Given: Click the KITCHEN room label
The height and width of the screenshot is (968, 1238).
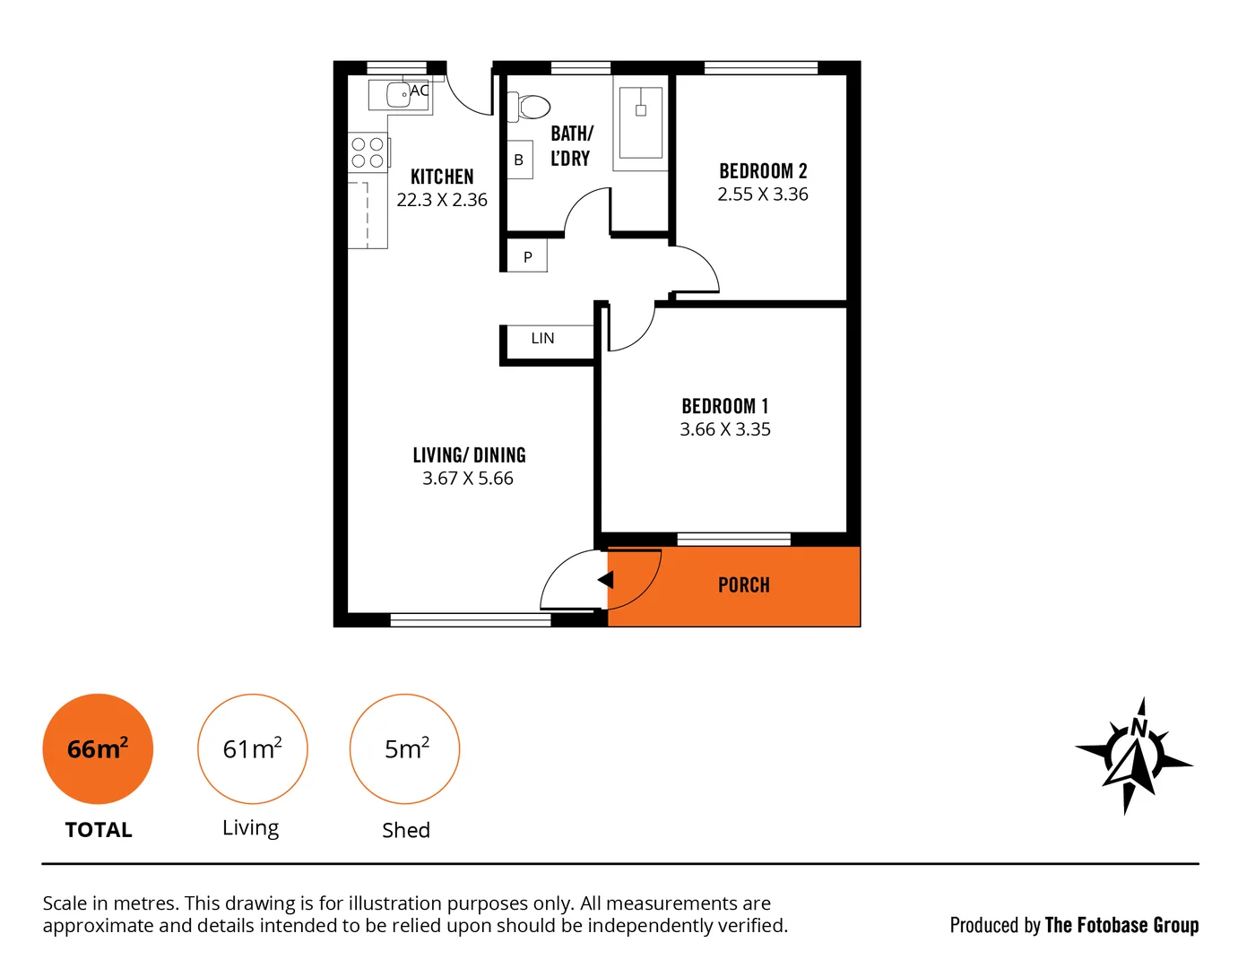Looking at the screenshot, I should coord(442,177).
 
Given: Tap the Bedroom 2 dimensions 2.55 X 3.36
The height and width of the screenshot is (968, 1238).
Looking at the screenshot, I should coord(762,194).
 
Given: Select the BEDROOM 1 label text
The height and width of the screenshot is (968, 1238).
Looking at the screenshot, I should coord(724,406).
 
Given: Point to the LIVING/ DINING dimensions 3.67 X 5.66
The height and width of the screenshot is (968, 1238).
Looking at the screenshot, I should coord(467,479).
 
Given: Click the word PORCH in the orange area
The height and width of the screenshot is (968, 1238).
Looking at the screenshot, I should coord(743,585).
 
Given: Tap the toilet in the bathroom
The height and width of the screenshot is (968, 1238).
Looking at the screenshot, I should coord(530,108).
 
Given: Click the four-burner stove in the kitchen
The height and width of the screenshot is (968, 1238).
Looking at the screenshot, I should coord(368,152).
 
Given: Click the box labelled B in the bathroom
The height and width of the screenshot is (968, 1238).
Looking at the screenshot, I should coord(519,160).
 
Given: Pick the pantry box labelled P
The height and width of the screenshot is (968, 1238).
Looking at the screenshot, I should coord(527,257).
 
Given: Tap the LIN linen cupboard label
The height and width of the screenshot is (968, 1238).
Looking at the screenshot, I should coord(542,339).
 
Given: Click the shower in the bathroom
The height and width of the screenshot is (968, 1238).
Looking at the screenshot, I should coord(640,123).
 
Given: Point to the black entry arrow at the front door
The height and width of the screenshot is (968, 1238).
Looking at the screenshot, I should coord(606,580).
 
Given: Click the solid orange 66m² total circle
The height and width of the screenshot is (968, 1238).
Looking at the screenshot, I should coord(98,748).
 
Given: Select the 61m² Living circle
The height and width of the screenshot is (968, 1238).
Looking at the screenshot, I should coord(253,748).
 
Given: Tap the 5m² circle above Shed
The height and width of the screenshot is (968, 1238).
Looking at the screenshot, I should coord(405,748).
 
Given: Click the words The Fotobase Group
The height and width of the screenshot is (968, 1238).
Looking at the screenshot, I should coord(1121,925).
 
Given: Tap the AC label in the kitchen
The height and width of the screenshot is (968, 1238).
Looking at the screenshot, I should coord(420,91).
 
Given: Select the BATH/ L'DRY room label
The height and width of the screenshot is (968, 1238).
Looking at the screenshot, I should coord(571,146).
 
